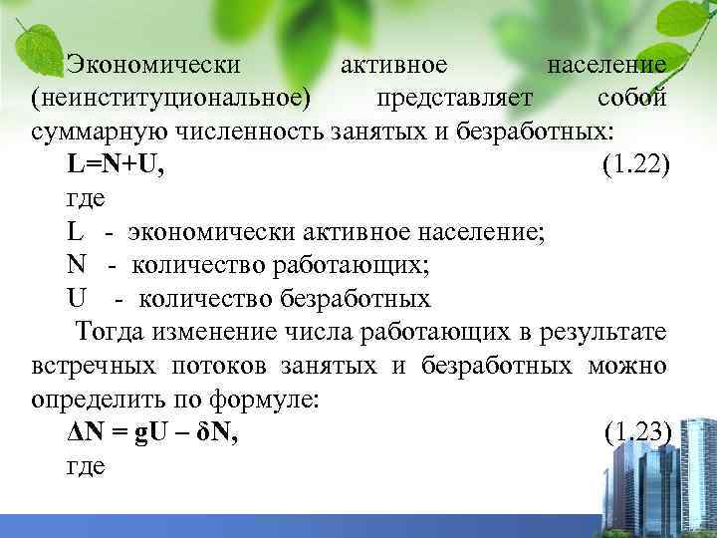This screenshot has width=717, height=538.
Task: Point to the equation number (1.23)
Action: click(637, 431)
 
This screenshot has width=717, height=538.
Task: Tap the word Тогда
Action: click(106, 331)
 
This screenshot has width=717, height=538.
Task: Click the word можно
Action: click(629, 365)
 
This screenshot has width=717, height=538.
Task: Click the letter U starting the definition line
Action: click(76, 298)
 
